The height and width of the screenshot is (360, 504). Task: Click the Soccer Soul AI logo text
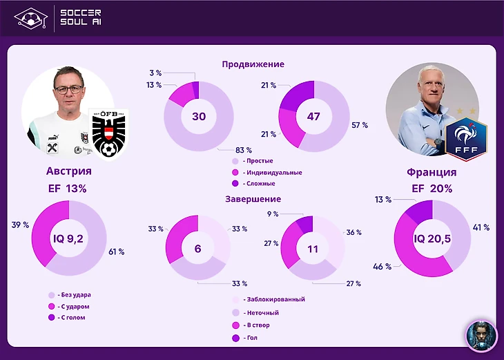pyautogui.click(x=81, y=17)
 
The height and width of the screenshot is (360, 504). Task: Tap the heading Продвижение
pyautogui.click(x=253, y=64)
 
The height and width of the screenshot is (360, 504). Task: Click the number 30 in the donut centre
pyautogui.click(x=199, y=117)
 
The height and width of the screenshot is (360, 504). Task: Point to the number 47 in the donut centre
pyautogui.click(x=313, y=117)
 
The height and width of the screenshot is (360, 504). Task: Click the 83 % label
pyautogui.click(x=244, y=149)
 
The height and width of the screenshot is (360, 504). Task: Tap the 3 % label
pyautogui.click(x=155, y=72)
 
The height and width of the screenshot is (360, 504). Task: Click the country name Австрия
pyautogui.click(x=68, y=171)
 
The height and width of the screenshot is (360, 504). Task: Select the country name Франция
pyautogui.click(x=432, y=172)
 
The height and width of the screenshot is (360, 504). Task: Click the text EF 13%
pyautogui.click(x=68, y=188)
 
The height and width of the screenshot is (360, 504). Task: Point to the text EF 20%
pyautogui.click(x=432, y=189)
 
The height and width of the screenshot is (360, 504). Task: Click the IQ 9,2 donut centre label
pyautogui.click(x=68, y=238)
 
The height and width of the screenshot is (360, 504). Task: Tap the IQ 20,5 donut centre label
pyautogui.click(x=432, y=238)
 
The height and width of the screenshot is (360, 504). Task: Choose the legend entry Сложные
pyautogui.click(x=260, y=184)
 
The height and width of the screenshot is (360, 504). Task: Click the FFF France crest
pyautogui.click(x=467, y=138)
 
